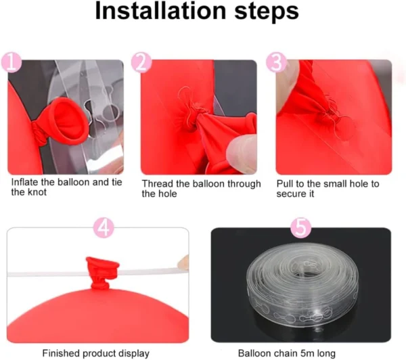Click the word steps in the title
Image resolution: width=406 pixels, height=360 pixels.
pos(267,12)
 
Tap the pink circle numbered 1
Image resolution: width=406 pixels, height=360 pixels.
pos(11,63)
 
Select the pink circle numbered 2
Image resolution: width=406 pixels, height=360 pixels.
pos(141,62)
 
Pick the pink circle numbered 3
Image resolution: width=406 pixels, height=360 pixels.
pos(277,63)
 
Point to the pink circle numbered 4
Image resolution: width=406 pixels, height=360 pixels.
pos(104,227)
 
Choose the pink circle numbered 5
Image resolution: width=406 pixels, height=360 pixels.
pos(301,227)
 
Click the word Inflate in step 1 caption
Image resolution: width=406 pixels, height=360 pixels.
pos(25,182)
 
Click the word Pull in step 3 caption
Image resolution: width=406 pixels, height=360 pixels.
pos(285,183)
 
